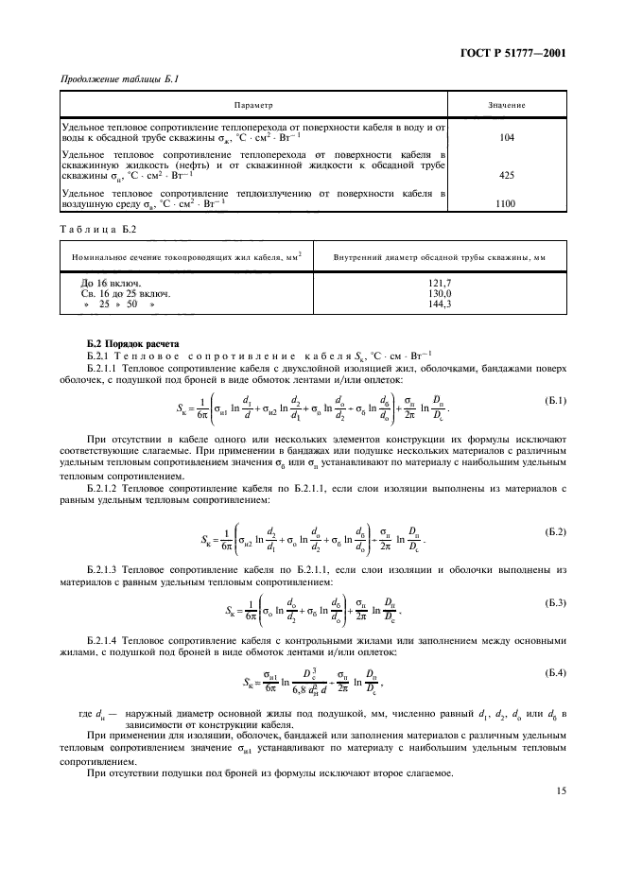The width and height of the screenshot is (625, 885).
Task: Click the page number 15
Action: click(561, 817)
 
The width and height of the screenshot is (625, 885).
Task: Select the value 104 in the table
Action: click(506, 137)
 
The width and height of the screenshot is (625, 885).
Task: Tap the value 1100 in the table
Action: click(506, 202)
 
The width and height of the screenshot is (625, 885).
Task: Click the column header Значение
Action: click(507, 105)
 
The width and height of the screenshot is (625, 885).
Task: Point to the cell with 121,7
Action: click(441, 283)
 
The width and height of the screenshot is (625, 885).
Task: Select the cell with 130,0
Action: click(441, 294)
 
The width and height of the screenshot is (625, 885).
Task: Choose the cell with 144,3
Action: click(441, 305)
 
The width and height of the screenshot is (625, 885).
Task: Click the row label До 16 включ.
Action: click(113, 283)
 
